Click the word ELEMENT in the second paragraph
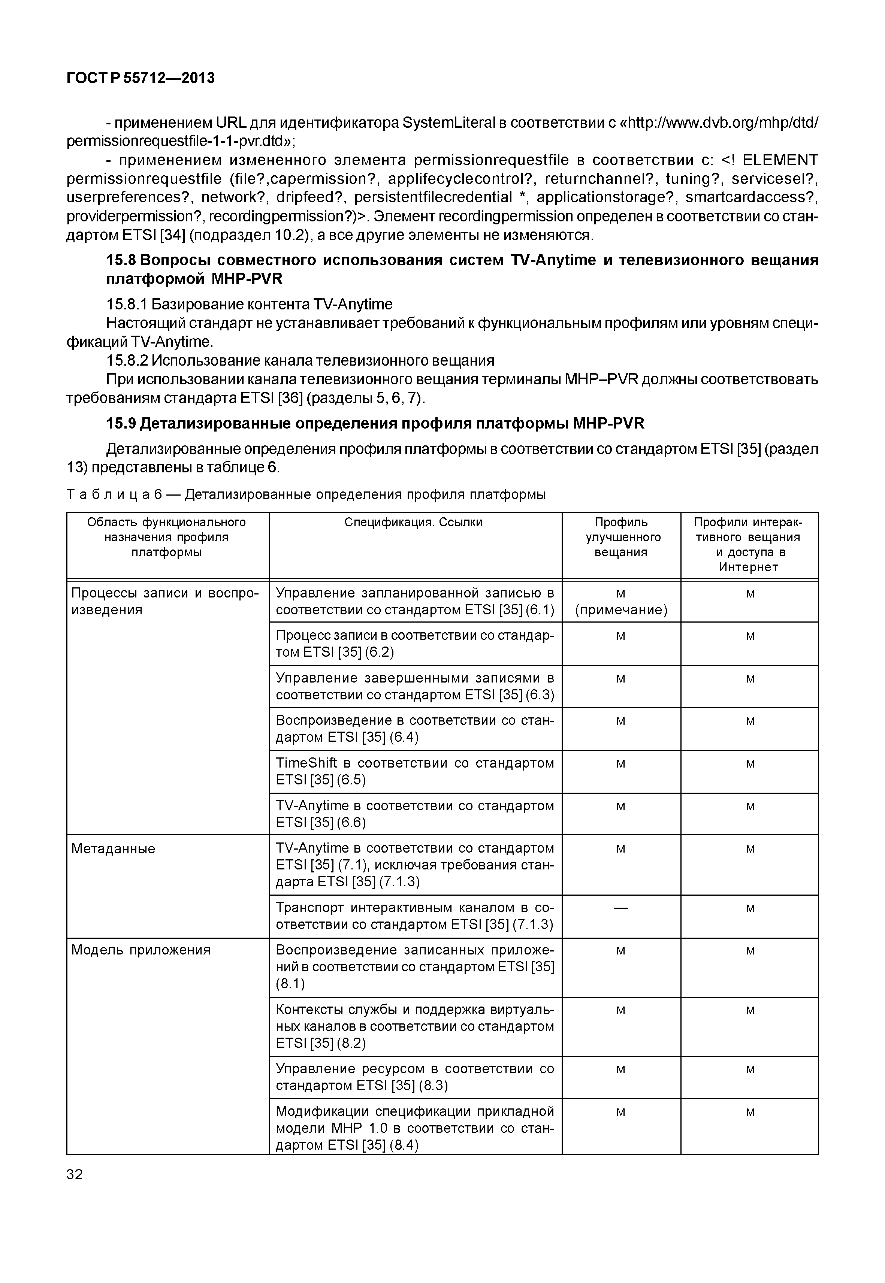[780, 160]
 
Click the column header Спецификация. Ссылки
[413, 522]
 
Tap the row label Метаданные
[113, 849]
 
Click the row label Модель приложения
[141, 950]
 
